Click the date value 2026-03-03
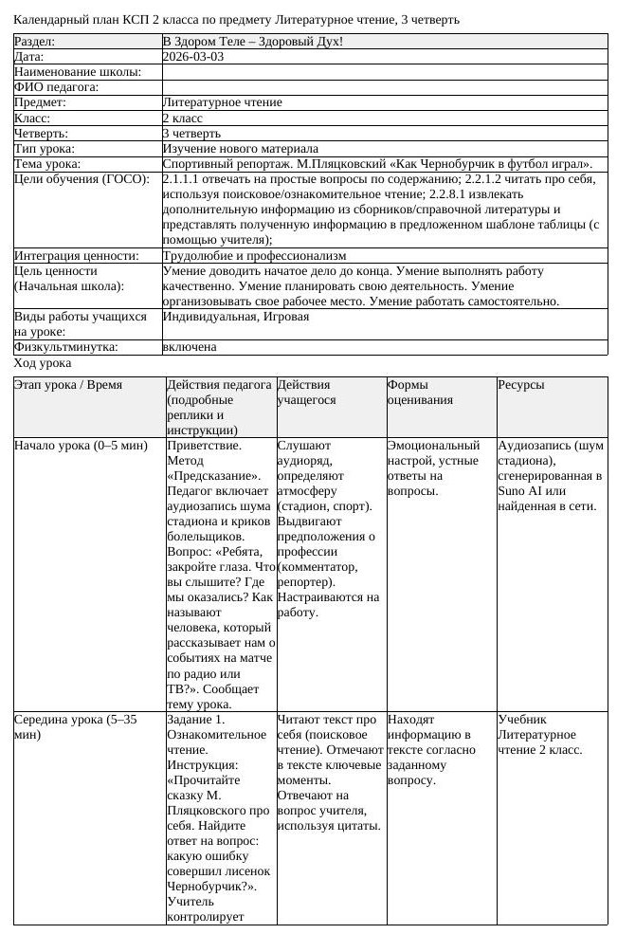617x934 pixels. [192, 57]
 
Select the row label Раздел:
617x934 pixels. [35, 42]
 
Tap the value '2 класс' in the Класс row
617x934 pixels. [183, 119]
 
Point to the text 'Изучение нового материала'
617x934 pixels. [240, 149]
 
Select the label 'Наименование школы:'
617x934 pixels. [78, 72]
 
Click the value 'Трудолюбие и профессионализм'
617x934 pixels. [254, 255]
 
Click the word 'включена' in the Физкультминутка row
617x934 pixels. [190, 347]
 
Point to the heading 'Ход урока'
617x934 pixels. [43, 363]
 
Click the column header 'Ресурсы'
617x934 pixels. [521, 385]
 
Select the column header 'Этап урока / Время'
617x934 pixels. [68, 385]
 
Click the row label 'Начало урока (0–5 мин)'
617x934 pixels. [81, 445]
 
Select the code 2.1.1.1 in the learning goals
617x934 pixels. [183, 179]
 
